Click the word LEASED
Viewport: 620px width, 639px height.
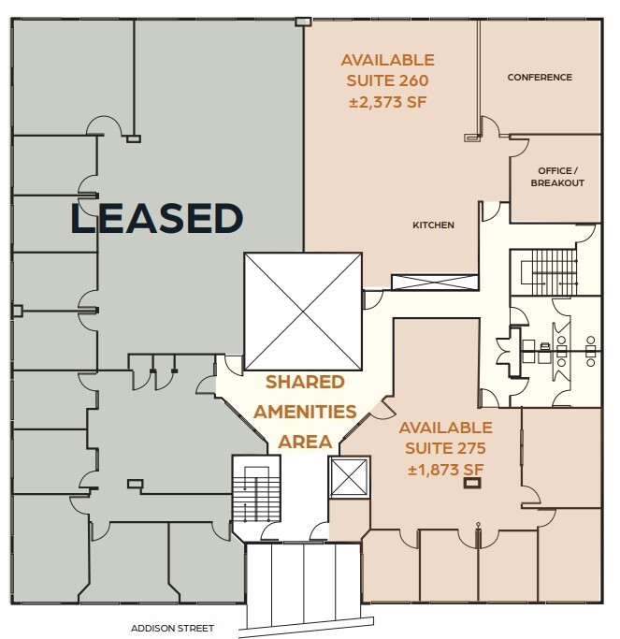(x=157, y=218)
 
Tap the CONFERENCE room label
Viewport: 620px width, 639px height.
(x=540, y=78)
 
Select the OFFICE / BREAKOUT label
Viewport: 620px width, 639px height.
(x=557, y=177)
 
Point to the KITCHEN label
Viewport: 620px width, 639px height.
(x=433, y=225)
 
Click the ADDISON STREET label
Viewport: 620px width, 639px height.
(x=174, y=628)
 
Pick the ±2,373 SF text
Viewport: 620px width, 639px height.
(x=388, y=101)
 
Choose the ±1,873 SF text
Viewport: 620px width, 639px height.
(x=446, y=469)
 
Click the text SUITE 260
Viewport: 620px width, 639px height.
(x=388, y=80)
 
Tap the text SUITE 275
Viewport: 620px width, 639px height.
(x=446, y=448)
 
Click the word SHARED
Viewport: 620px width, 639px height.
(x=305, y=382)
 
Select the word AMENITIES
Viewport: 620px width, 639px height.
(x=305, y=411)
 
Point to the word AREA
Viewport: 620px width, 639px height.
(x=305, y=441)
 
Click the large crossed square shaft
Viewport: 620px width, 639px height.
(x=302, y=312)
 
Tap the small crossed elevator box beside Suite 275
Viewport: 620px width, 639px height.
(x=348, y=479)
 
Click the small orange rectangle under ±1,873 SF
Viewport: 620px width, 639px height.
(x=473, y=485)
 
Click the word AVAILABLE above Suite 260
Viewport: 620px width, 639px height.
(x=388, y=60)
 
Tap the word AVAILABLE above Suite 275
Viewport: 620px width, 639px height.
(x=446, y=428)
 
